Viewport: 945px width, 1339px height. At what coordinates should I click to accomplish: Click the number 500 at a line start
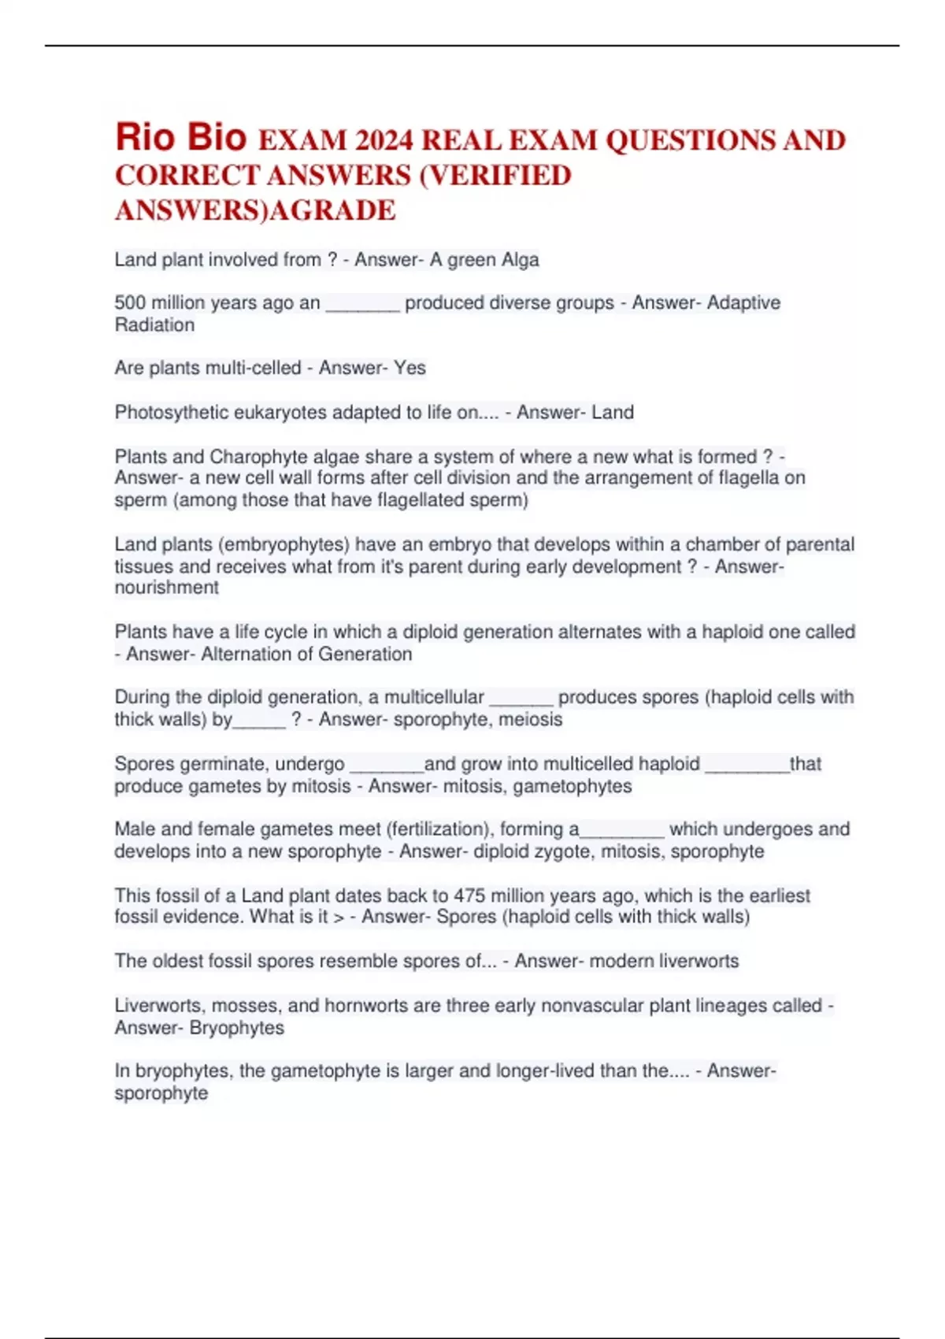tap(130, 302)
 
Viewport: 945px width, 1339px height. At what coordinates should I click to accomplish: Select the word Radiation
tap(154, 325)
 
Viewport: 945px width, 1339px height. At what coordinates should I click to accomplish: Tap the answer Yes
tap(409, 368)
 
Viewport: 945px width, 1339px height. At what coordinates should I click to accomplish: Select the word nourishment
tap(166, 588)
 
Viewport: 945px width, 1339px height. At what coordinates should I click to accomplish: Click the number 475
tap(469, 896)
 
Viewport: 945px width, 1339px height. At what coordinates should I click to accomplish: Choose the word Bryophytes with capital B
tap(236, 1028)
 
